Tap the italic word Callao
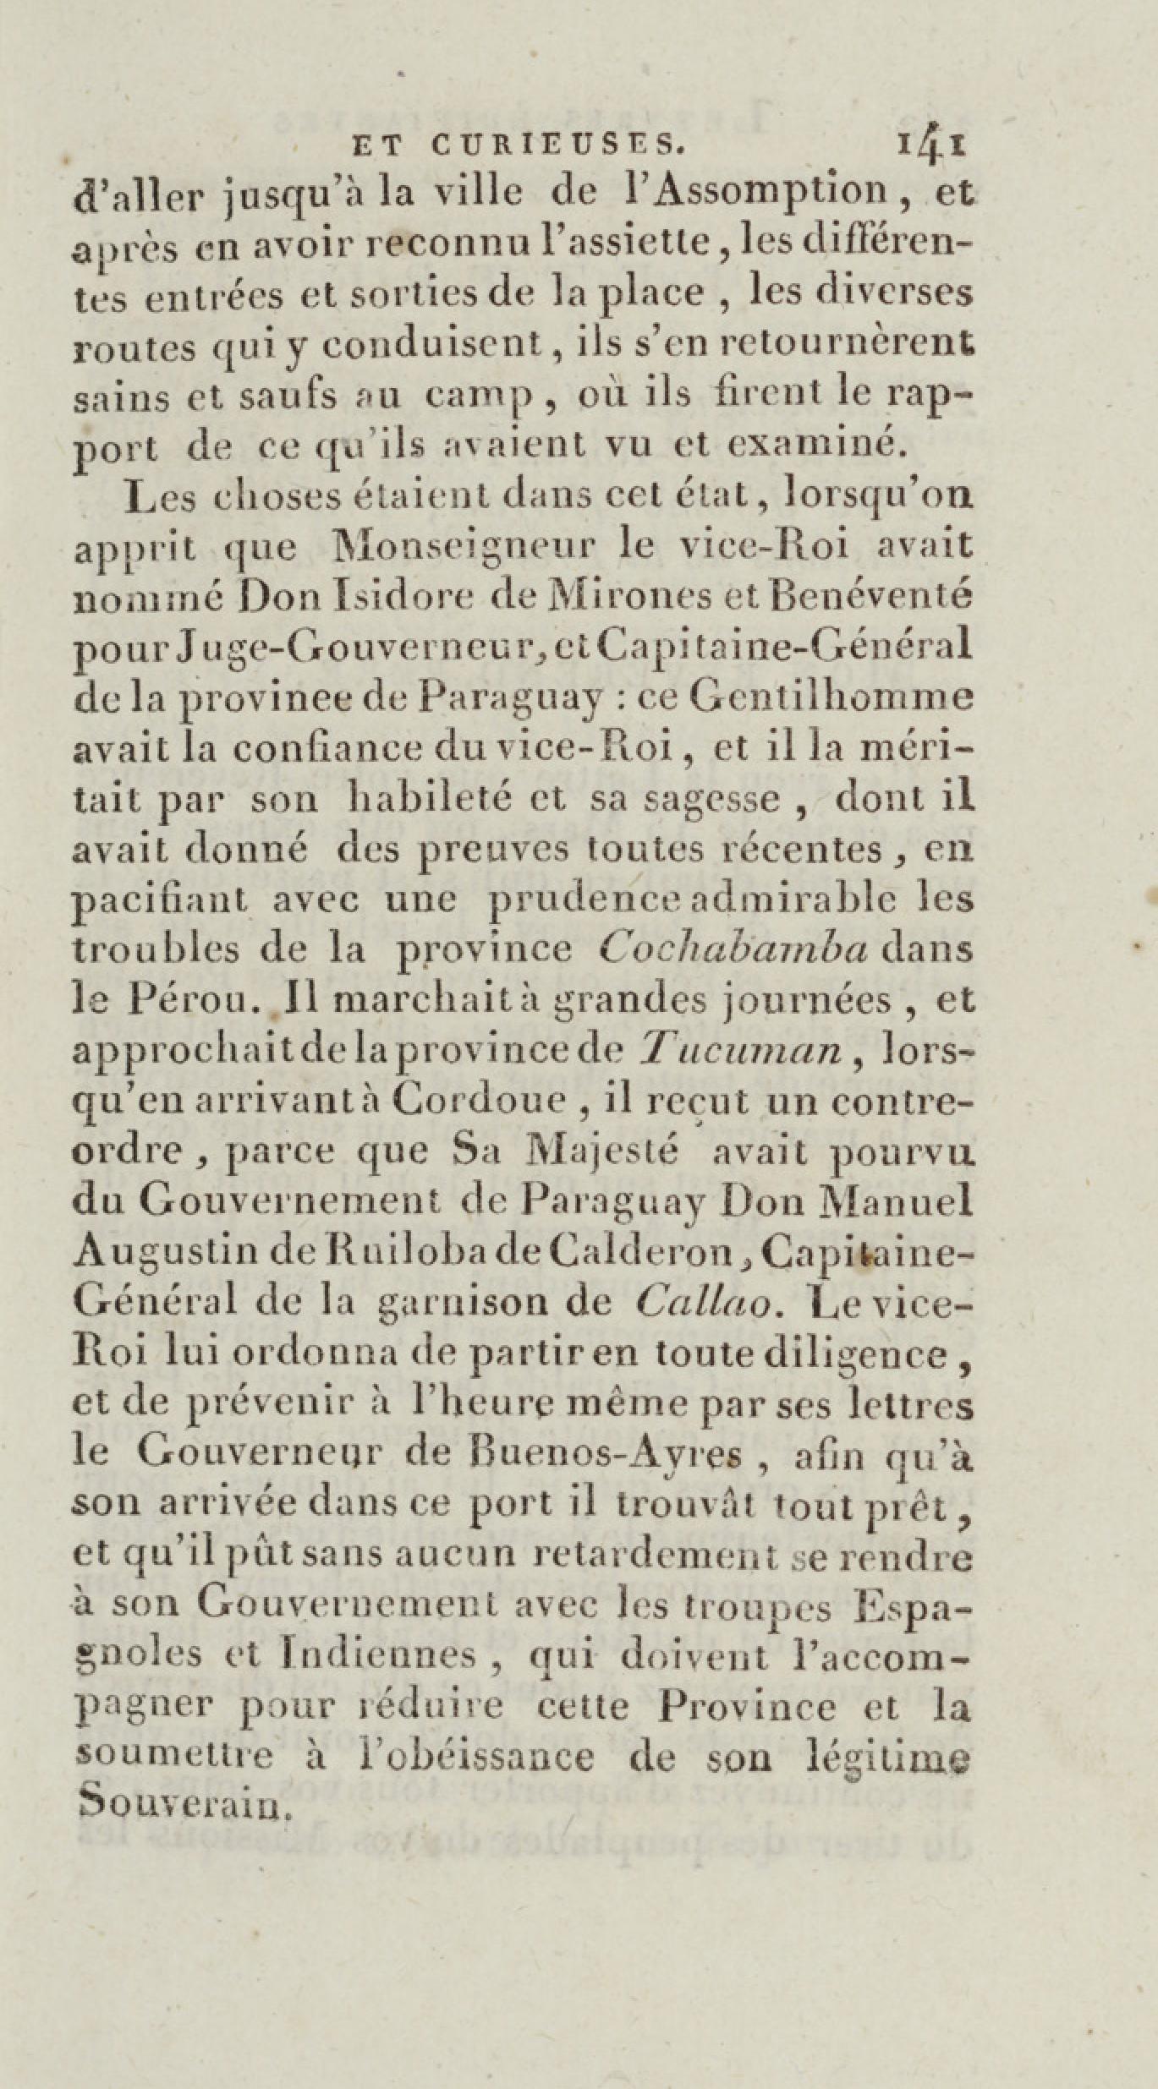coord(702,1304)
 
